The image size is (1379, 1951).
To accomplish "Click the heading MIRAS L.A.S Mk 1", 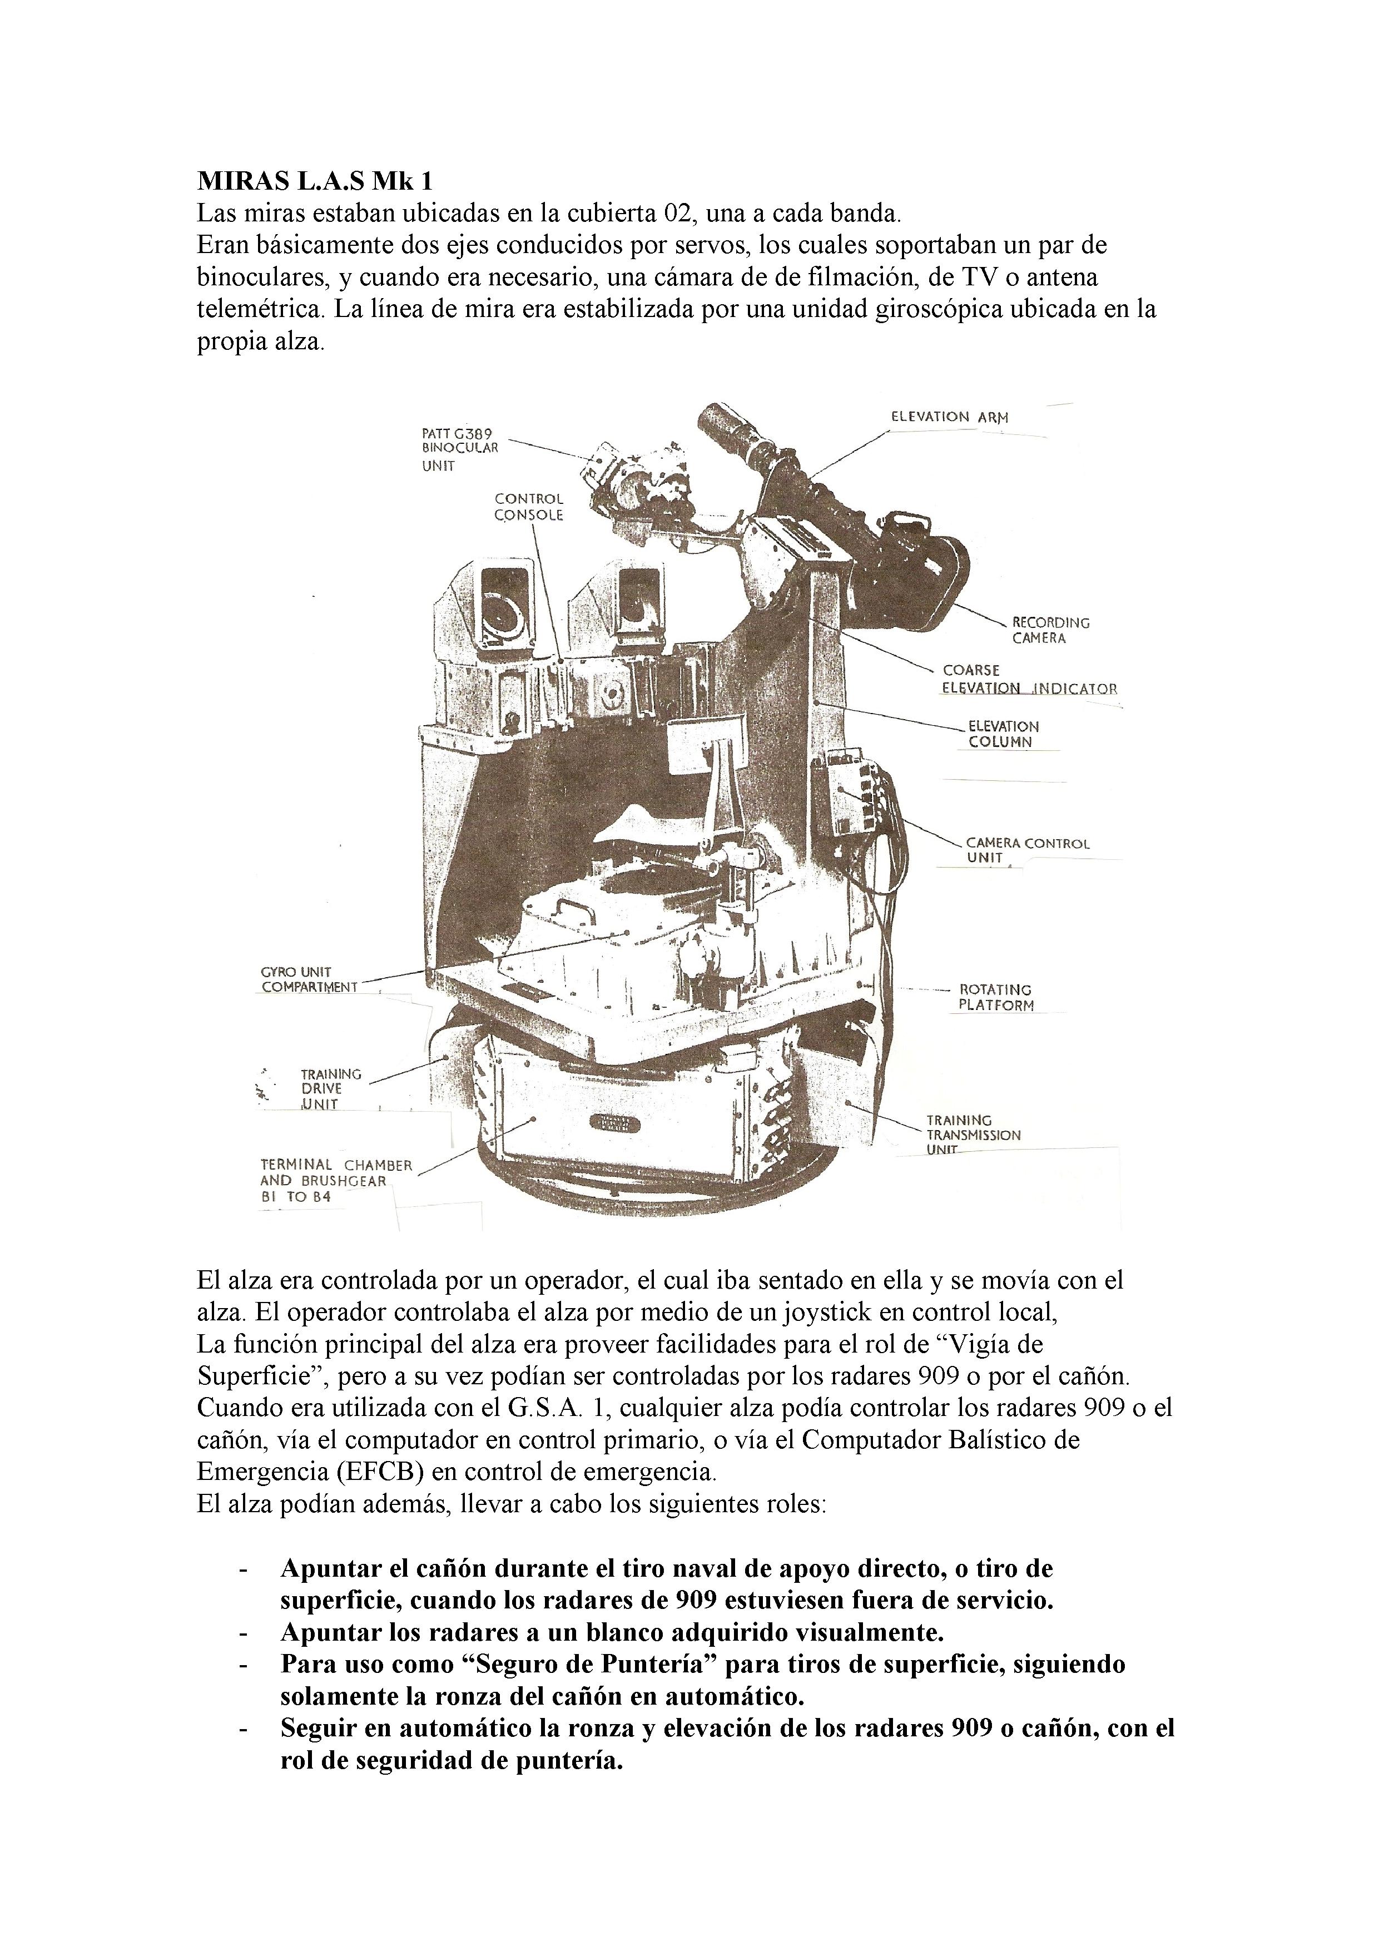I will pyautogui.click(x=314, y=181).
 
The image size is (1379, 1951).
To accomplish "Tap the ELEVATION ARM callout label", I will pyautogui.click(x=949, y=417).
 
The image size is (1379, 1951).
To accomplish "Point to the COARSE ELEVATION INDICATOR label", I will pyautogui.click(x=1029, y=679).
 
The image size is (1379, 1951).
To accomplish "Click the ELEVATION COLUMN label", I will pyautogui.click(x=1003, y=734).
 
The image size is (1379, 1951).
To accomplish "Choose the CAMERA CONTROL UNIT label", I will pyautogui.click(x=1026, y=850).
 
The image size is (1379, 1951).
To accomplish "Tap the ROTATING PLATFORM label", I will pyautogui.click(x=996, y=997).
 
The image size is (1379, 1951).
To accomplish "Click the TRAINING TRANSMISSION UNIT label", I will pyautogui.click(x=973, y=1135).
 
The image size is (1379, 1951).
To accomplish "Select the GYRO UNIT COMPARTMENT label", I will pyautogui.click(x=309, y=979).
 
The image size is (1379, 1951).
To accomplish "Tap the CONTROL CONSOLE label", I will pyautogui.click(x=528, y=507).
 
